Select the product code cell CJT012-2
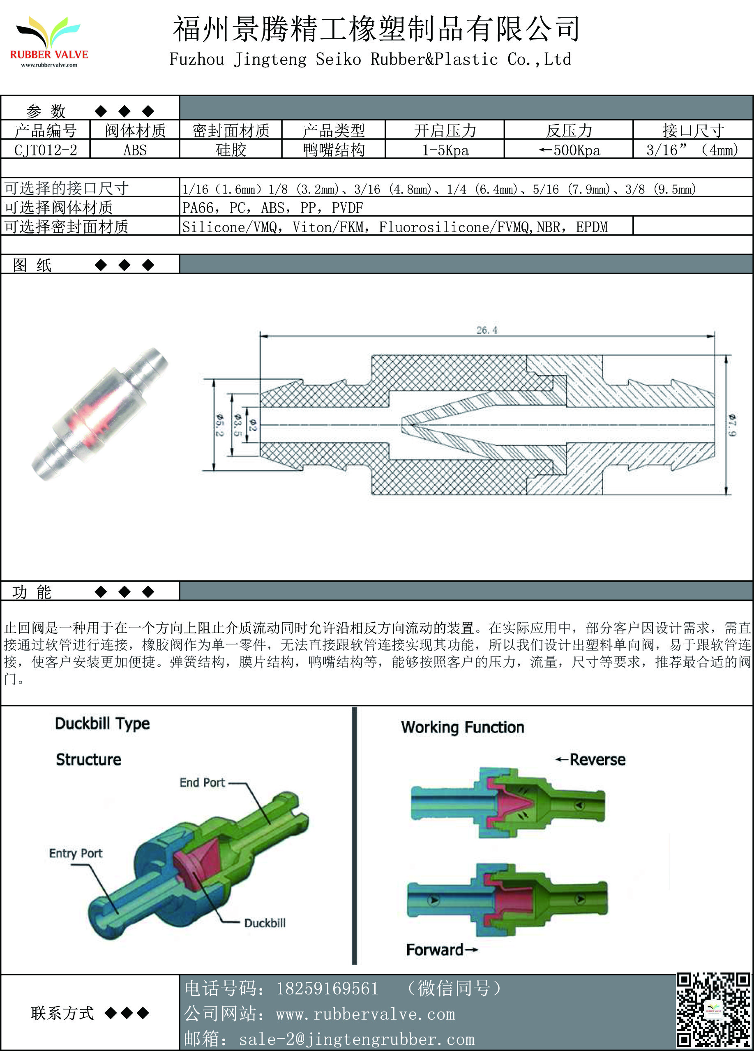click(x=45, y=150)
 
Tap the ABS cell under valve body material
click(x=135, y=150)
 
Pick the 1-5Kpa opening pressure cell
click(x=445, y=150)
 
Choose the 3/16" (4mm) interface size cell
click(x=692, y=150)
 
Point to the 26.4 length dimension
click(x=487, y=330)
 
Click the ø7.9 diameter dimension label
click(x=732, y=425)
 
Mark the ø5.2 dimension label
click(x=219, y=425)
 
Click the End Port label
click(x=203, y=783)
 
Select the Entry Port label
click(x=76, y=854)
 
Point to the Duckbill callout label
click(x=265, y=923)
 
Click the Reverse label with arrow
click(x=591, y=760)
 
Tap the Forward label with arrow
click(x=441, y=950)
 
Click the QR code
click(x=713, y=1010)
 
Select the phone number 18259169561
click(x=327, y=989)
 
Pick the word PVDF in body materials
click(x=347, y=208)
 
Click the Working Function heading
click(x=463, y=728)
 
